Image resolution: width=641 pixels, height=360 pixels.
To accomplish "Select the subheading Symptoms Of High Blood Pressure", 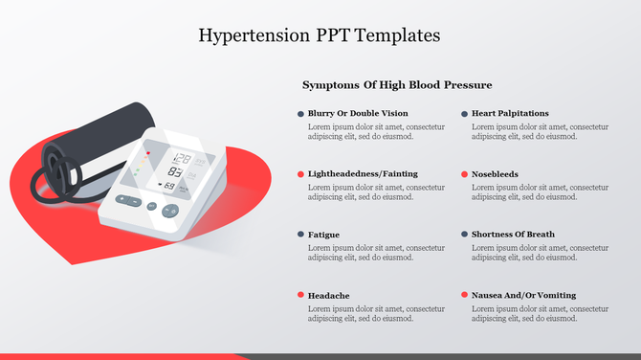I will (397, 85).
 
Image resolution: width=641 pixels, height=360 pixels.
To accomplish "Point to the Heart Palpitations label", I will (510, 113).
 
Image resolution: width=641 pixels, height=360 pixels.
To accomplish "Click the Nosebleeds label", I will (497, 174).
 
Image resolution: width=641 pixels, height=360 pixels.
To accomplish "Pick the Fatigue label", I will (323, 235).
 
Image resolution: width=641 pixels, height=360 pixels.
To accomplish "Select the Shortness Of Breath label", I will (513, 235).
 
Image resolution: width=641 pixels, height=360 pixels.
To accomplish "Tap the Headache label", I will (328, 295).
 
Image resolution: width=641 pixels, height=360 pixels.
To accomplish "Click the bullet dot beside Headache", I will (300, 295).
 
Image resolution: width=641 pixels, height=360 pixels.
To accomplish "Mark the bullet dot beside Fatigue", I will (300, 235).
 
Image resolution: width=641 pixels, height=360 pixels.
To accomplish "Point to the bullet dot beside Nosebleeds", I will (464, 174).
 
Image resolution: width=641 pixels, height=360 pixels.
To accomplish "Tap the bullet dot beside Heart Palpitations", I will (464, 113).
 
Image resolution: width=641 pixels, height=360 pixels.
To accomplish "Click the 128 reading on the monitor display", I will (181, 159).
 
